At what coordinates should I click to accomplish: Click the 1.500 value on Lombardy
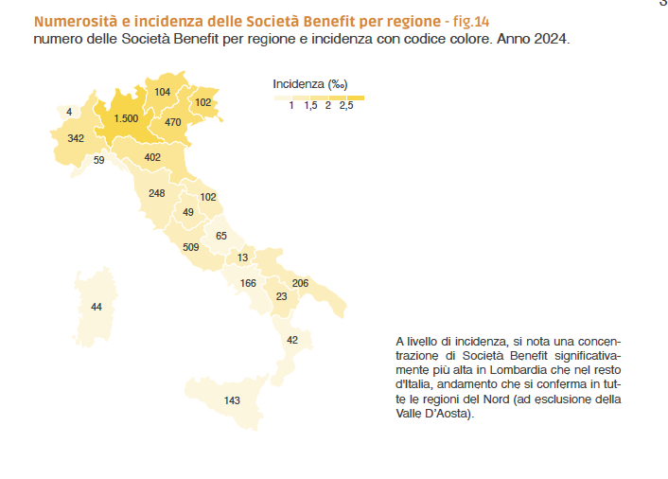click(126, 118)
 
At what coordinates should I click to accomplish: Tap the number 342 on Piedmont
click(77, 138)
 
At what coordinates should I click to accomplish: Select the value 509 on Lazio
click(191, 247)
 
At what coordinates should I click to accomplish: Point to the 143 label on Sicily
click(232, 400)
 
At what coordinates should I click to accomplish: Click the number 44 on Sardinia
click(97, 308)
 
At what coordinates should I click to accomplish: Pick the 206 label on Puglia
click(300, 283)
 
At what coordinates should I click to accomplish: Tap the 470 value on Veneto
click(172, 122)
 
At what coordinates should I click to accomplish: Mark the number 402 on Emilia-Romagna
click(152, 157)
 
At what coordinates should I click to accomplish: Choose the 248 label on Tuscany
click(157, 193)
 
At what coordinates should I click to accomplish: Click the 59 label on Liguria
click(98, 160)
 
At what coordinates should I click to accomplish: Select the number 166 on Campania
click(248, 283)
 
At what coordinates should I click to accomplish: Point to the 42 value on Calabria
click(292, 340)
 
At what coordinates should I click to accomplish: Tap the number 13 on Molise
click(243, 257)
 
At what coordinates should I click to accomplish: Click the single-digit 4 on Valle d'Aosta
click(69, 112)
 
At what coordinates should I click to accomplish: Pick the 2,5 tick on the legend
click(346, 107)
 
